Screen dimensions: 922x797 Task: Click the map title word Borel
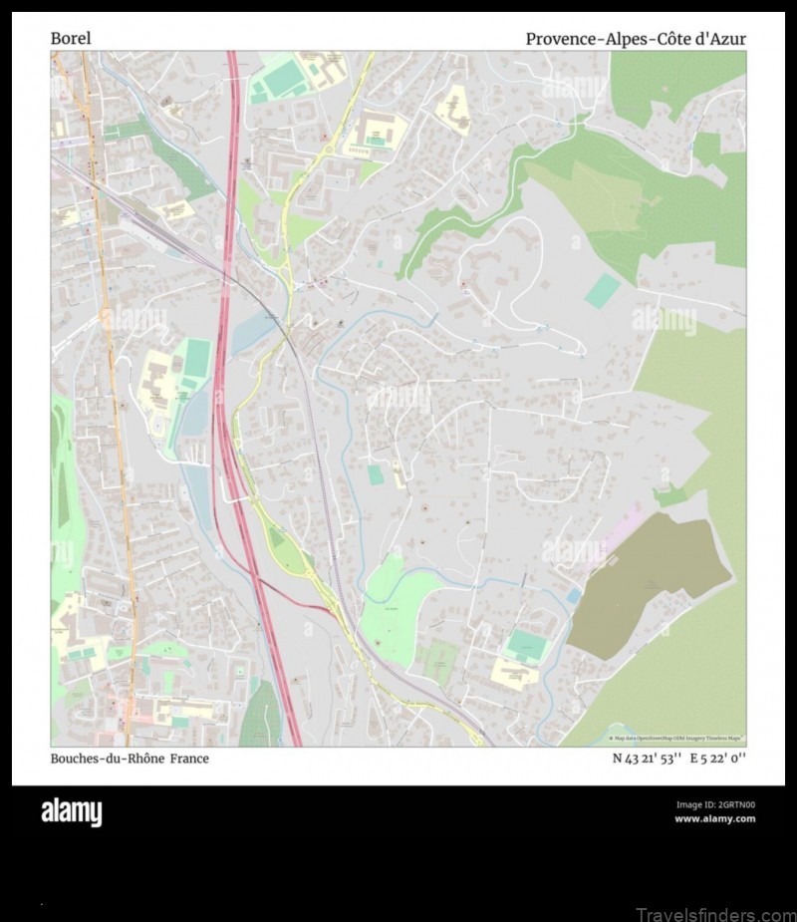[x=71, y=39]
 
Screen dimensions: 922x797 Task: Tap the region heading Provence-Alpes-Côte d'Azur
[x=636, y=39]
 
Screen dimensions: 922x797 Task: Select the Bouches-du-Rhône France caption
[x=130, y=759]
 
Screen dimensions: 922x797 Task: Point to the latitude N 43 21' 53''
[x=646, y=759]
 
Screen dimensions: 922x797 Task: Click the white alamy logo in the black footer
[x=71, y=812]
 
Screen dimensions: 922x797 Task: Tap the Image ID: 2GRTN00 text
[x=714, y=805]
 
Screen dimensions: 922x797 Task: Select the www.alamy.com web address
[x=714, y=819]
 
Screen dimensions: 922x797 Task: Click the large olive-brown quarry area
[x=648, y=583]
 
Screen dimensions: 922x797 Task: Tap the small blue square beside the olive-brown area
[x=574, y=596]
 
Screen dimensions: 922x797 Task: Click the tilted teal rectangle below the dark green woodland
[x=602, y=291]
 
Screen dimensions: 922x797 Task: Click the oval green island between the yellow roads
[x=278, y=538]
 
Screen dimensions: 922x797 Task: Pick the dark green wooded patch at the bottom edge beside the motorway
[x=261, y=716]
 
